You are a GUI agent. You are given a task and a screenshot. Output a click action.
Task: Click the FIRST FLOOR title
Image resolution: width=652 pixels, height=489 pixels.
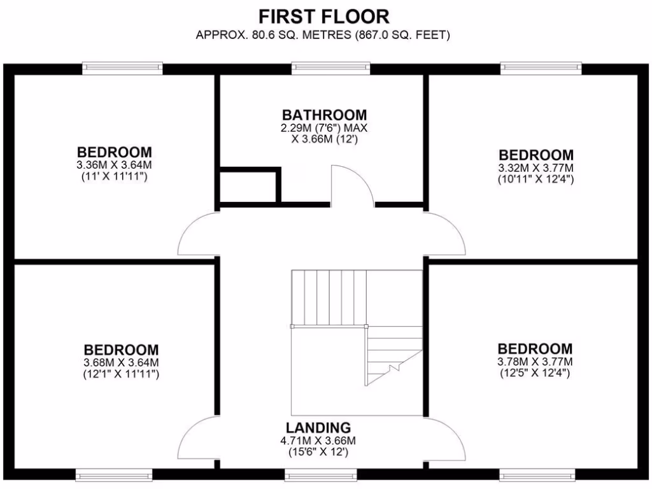coord(324,16)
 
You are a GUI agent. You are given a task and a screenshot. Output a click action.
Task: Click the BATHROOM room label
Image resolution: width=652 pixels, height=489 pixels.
coord(325,115)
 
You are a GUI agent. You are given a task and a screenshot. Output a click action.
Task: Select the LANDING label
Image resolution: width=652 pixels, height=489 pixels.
coord(318,427)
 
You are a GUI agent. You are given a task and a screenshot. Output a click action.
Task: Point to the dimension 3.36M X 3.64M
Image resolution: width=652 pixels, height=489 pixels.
coord(115,165)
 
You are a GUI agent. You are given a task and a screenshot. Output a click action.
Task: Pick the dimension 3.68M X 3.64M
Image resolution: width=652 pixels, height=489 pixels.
coord(121,363)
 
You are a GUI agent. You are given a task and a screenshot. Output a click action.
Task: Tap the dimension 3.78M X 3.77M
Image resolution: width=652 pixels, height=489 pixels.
coord(535,362)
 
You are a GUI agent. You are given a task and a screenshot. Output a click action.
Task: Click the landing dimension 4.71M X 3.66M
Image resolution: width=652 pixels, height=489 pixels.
coord(318,440)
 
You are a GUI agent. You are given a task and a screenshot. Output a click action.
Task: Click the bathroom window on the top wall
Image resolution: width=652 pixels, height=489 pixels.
coord(331,68)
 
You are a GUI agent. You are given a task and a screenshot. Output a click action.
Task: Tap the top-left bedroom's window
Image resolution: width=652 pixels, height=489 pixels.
coord(122,68)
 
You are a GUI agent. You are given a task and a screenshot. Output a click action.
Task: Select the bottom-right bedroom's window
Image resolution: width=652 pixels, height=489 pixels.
coord(539,474)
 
